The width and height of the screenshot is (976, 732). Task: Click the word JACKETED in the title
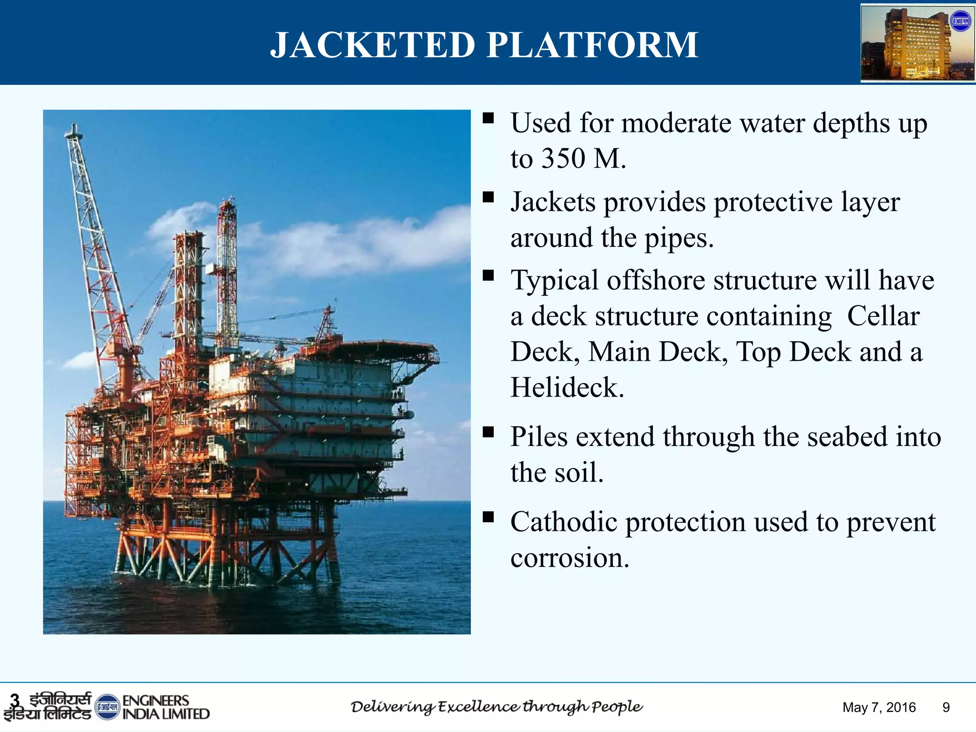tap(373, 45)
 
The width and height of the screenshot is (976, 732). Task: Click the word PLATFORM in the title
tap(592, 45)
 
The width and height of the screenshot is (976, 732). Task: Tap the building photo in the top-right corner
tap(917, 43)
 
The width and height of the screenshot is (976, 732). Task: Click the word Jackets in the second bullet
tap(553, 202)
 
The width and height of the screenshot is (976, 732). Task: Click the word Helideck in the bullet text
tap(567, 387)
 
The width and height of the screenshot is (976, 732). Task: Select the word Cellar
tap(883, 316)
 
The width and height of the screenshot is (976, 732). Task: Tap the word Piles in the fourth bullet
tap(539, 437)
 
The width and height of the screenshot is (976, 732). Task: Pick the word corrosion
tap(569, 558)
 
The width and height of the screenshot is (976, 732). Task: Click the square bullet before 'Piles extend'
tap(488, 432)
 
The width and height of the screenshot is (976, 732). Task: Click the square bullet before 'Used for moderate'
tap(488, 118)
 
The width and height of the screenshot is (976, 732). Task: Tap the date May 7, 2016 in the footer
tap(879, 707)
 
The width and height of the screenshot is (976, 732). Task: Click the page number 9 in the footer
tap(946, 707)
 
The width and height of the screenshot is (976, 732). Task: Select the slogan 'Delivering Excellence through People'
tap(497, 707)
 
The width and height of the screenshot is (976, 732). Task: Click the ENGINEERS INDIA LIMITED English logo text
tap(165, 707)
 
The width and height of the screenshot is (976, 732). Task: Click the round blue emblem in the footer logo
tap(107, 707)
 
